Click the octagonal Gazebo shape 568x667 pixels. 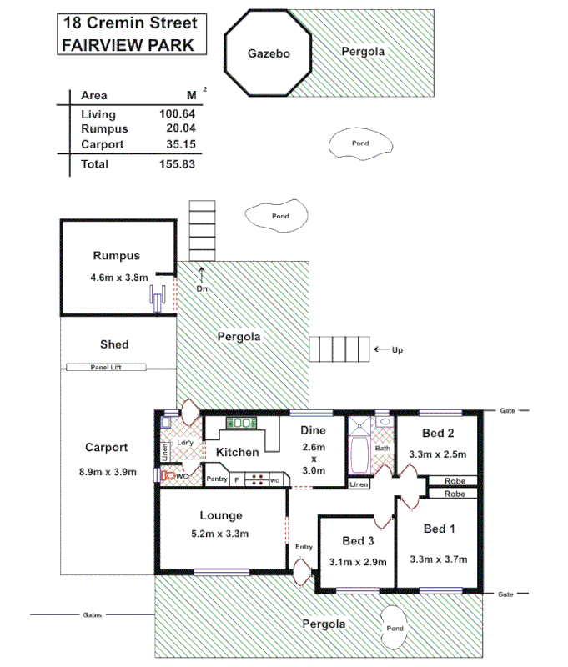268,53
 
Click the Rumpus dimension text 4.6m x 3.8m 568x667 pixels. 119,277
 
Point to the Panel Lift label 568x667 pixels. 106,367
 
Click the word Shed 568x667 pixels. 114,344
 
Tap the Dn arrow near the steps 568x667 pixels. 201,274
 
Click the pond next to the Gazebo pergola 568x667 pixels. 361,143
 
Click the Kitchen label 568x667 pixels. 238,452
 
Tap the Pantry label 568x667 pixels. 217,479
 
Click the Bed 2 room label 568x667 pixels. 438,433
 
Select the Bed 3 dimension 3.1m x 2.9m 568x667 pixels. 359,562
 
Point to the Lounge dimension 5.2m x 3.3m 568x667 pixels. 220,534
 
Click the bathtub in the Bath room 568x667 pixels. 360,454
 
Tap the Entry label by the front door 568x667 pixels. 304,546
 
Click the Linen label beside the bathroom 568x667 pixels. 359,484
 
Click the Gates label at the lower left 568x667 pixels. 93,615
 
